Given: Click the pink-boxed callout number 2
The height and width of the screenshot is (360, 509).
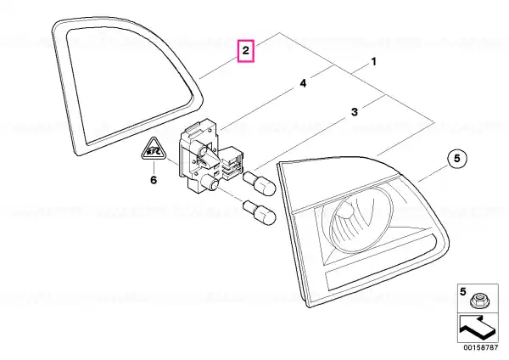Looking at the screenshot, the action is [246, 51].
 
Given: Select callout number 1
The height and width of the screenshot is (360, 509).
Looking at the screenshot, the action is [373, 61].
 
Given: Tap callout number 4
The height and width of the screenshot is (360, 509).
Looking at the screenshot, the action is [303, 83].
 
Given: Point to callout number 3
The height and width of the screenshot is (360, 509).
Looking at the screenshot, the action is [355, 112].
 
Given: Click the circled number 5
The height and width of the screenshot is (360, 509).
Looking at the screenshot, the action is [457, 159].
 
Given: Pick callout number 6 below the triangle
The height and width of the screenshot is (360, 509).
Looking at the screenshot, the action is [154, 180].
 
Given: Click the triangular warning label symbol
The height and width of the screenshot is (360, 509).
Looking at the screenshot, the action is [154, 149].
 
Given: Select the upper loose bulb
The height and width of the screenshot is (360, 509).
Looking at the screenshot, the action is [260, 183].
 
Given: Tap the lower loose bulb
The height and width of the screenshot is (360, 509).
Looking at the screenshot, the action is [260, 212].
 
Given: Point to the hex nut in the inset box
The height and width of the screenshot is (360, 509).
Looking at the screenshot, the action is [478, 301].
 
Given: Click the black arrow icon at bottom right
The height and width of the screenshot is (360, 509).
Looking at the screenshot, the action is [478, 328].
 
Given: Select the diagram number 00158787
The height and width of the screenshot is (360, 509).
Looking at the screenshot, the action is [480, 347].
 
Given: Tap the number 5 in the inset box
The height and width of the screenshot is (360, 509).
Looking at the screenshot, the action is [463, 291].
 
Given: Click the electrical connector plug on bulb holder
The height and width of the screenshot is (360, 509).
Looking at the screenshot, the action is [232, 163].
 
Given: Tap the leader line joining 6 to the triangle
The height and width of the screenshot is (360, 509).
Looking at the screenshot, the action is [154, 167].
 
